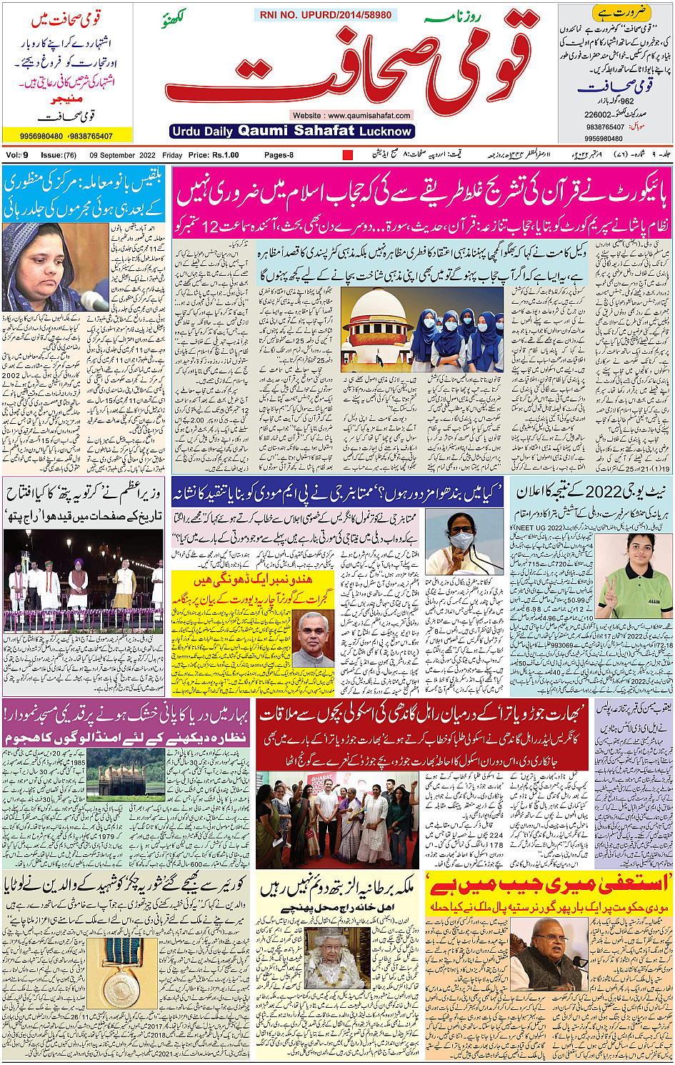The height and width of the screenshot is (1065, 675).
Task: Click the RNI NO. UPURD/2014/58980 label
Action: (326, 15)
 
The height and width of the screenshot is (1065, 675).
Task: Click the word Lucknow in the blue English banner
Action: (386, 132)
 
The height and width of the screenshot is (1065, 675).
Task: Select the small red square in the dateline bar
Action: (348, 155)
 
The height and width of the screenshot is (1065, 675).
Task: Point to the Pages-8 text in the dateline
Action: (279, 155)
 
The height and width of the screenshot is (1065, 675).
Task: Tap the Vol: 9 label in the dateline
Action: (17, 155)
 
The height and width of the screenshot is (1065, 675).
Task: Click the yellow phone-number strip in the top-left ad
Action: (66, 136)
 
